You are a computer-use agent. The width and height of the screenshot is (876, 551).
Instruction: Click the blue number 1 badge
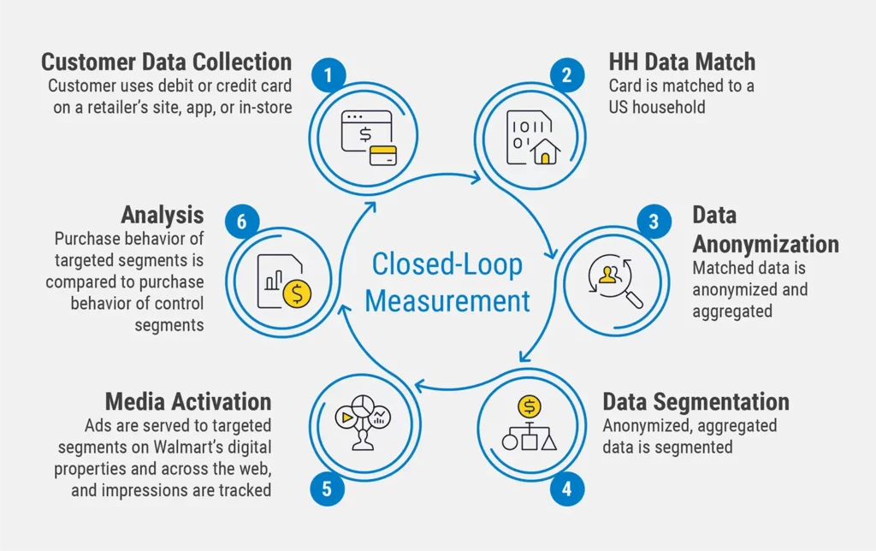[327, 75]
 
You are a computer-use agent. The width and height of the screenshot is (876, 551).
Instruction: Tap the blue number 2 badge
[565, 75]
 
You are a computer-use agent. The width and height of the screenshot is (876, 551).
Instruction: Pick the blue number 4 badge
[565, 490]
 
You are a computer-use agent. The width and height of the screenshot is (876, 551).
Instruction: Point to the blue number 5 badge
[327, 490]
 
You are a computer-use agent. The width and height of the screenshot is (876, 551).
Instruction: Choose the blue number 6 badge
[241, 222]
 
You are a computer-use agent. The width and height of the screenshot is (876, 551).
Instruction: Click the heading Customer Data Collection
[166, 62]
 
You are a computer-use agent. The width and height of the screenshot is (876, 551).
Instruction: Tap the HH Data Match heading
[682, 62]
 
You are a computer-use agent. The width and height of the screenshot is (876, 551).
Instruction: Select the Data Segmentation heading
[695, 401]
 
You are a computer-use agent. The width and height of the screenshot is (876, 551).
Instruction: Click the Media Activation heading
[187, 401]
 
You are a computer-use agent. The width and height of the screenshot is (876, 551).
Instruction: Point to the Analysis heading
[162, 214]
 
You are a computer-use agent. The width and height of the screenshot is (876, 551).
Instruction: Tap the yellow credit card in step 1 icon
[382, 155]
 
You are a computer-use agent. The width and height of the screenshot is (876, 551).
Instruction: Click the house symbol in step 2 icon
[545, 152]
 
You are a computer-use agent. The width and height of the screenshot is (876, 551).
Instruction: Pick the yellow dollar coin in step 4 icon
[529, 405]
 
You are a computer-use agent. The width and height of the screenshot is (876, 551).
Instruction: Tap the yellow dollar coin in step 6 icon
[298, 293]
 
